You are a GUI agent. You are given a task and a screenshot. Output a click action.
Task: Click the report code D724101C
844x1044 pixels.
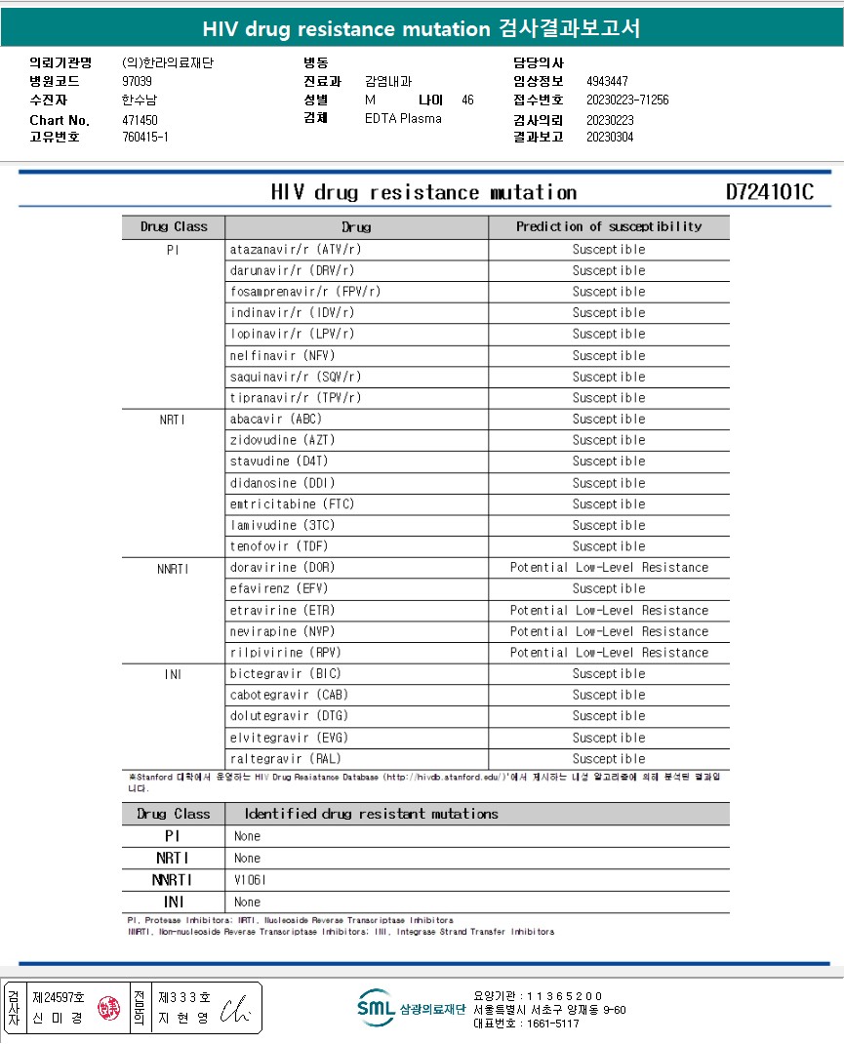pos(769,192)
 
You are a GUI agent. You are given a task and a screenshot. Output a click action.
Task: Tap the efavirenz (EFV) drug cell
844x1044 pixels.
pos(279,588)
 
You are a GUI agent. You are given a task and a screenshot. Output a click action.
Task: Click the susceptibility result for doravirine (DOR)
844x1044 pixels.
pos(609,567)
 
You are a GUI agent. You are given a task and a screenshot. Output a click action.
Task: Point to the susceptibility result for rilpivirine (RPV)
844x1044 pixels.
pos(609,652)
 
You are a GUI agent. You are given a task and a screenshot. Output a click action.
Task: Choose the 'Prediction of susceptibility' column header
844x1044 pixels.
pos(609,226)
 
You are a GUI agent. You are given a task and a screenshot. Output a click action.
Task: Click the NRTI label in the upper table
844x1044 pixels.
pos(173,419)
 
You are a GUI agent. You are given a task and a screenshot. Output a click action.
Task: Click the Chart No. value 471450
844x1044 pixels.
pos(140,120)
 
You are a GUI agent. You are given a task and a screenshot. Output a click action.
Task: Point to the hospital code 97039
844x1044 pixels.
pos(137,81)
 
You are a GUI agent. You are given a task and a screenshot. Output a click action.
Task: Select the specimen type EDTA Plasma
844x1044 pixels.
pos(403,118)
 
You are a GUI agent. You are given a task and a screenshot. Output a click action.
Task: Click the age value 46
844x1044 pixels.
pos(467,100)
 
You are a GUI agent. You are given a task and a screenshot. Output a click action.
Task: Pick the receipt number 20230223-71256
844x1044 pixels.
pos(627,100)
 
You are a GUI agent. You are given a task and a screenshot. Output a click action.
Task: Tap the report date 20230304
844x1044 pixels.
pos(610,137)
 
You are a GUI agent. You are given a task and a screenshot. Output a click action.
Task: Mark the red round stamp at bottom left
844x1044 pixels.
pos(109,1007)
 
